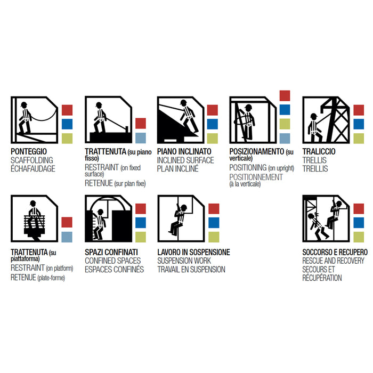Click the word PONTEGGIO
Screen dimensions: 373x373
pos(29,151)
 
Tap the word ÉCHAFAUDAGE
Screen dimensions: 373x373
pos(33,169)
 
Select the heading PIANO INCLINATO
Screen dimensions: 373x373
pos(184,151)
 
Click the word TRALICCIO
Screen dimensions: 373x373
pos(319,151)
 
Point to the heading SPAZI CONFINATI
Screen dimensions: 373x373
pos(111,252)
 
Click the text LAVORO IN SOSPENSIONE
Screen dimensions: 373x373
pos(193,252)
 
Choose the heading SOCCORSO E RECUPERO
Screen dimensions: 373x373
pos(335,252)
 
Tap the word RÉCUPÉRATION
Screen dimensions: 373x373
pos(322,278)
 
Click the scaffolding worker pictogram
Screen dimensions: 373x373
pos(35,120)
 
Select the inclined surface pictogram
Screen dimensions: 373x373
pos(181,120)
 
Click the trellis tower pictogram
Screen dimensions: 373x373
pos(326,120)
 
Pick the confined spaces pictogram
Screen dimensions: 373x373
pos(109,218)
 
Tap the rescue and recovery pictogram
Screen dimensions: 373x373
pos(326,218)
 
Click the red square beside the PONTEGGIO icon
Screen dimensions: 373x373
pos(67,110)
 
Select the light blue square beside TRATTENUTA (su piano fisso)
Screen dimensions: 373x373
pos(141,138)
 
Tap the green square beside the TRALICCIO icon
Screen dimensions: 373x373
pos(359,139)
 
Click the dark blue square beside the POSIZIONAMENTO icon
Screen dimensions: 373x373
pos(285,110)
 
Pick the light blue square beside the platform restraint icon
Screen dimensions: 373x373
pos(67,237)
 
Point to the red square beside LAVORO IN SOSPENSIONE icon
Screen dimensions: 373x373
pos(214,209)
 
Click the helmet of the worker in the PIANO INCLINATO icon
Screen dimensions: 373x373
pos(183,102)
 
